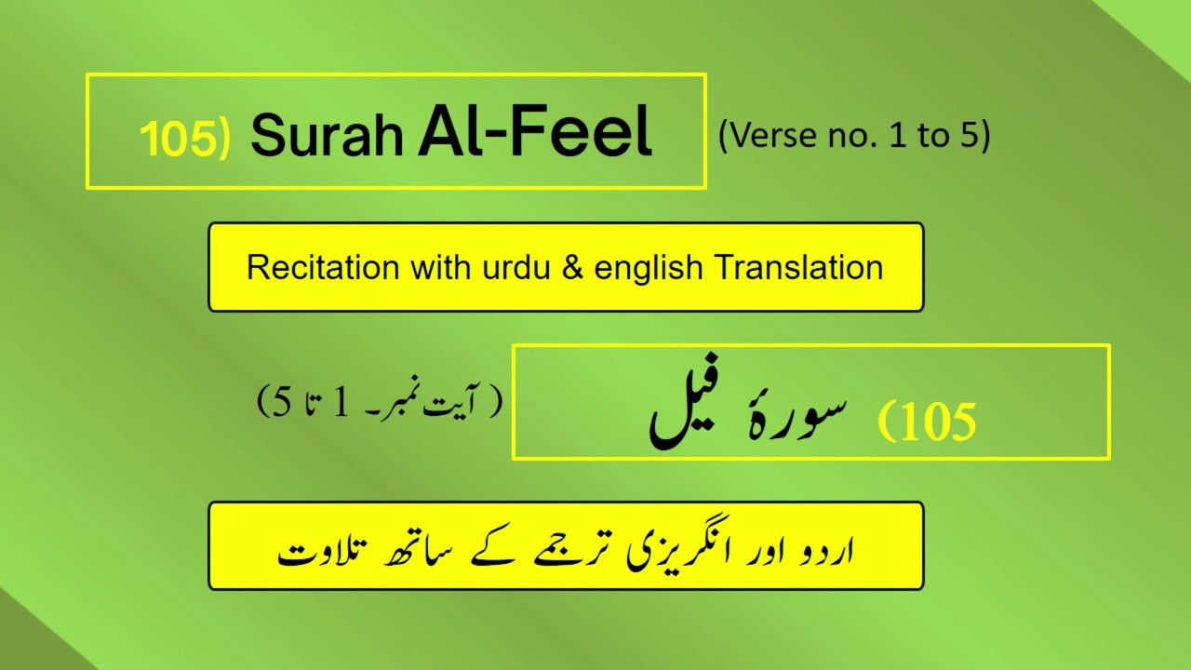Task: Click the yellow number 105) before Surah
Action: [184, 137]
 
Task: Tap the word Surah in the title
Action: [327, 136]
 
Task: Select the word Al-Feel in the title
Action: [534, 132]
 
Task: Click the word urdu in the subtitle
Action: [486, 268]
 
